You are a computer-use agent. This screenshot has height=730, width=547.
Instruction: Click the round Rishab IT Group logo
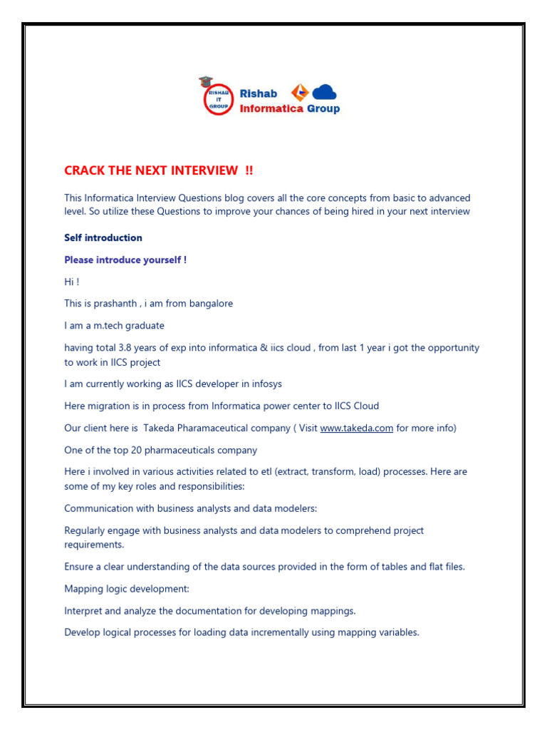coord(217,96)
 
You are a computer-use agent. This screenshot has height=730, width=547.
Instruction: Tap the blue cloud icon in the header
coord(324,92)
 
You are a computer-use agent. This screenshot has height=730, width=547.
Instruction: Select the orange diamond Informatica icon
coord(300,92)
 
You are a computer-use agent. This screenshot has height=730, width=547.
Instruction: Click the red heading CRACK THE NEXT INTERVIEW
coord(158,170)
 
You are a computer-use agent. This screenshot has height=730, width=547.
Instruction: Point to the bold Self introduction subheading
coord(103,237)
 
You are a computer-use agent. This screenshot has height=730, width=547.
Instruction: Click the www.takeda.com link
coord(356,428)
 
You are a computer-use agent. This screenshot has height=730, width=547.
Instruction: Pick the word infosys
coord(265,384)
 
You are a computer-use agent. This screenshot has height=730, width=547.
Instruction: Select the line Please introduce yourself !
coord(125,260)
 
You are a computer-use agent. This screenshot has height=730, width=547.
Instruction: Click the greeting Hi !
coord(72,282)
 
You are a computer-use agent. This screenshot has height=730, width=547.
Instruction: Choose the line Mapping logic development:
coord(127,589)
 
